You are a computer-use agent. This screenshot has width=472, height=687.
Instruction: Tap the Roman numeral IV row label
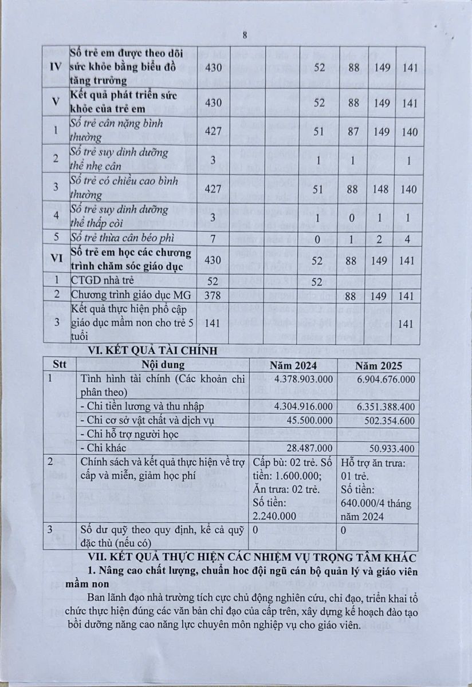56,67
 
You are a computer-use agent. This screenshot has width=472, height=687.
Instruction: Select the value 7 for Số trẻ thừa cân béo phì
213,237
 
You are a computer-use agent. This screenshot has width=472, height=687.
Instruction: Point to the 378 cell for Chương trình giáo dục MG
213,295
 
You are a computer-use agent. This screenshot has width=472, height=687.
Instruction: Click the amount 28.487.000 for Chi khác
308,448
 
